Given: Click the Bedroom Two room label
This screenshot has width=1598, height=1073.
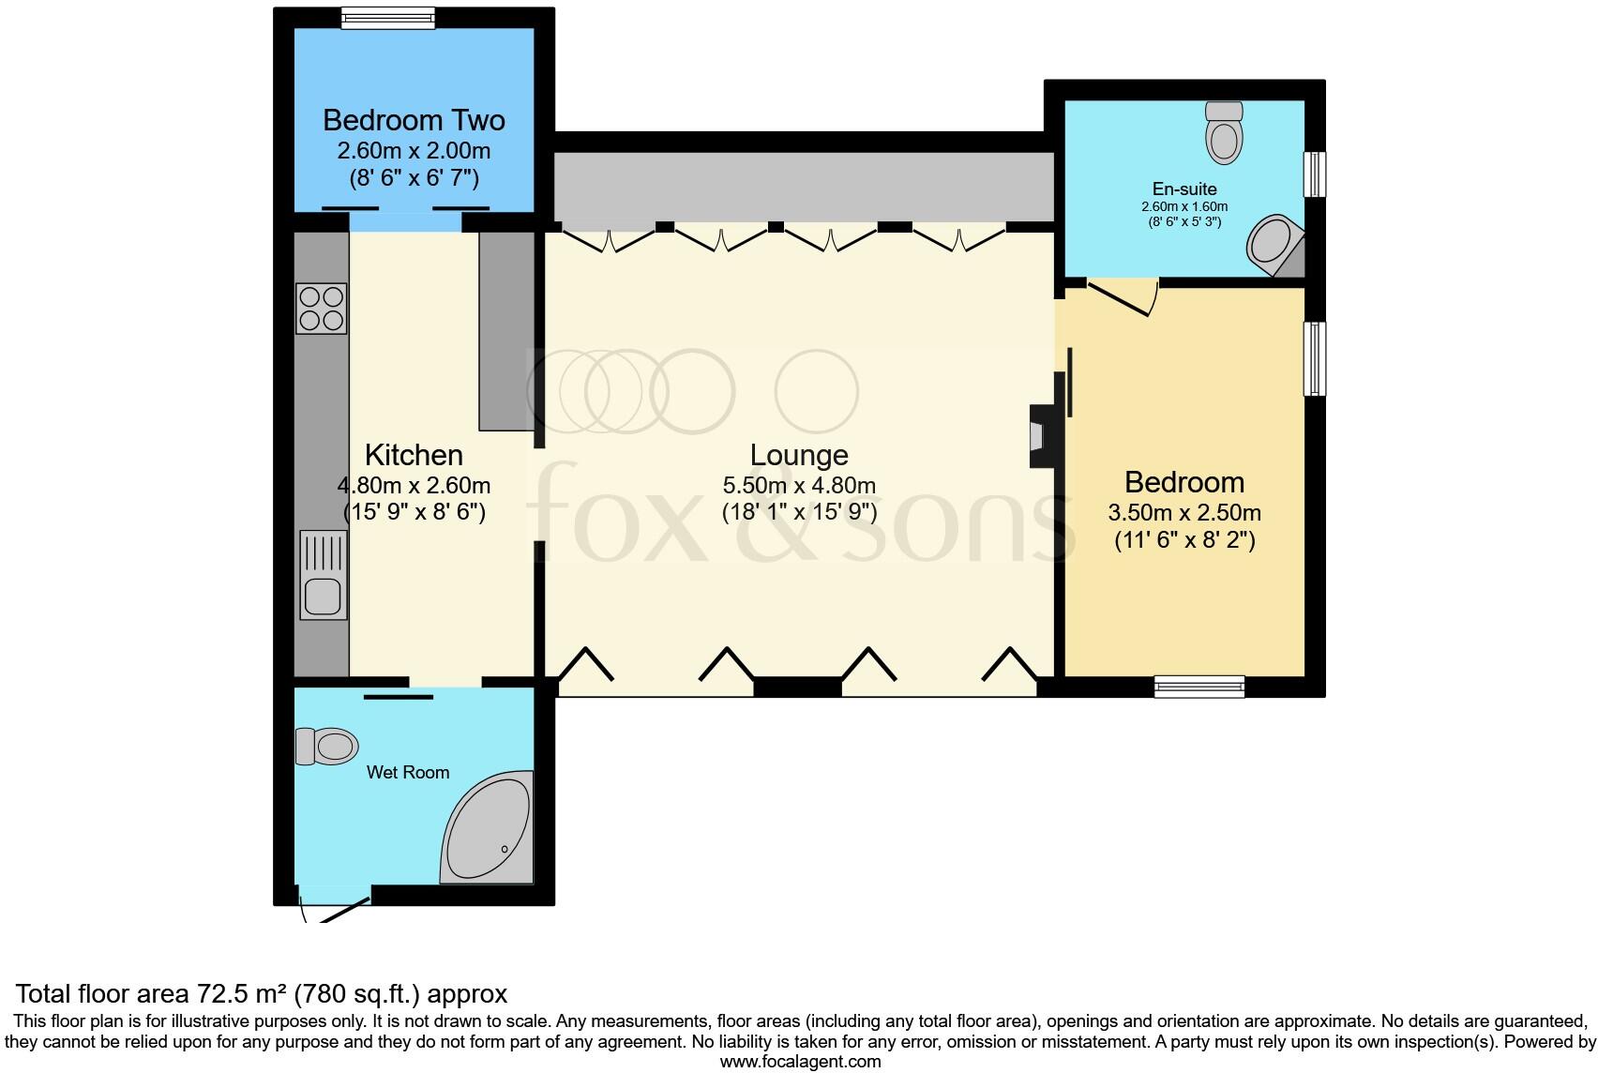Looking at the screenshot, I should click(414, 120).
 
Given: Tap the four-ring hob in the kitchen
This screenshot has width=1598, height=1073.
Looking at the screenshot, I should click(321, 309).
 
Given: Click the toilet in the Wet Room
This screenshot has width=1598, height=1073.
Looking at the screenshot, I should click(327, 747).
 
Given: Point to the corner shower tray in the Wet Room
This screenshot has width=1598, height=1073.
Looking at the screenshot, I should click(487, 831).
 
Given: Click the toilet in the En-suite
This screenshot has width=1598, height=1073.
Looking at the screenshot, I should click(1223, 132).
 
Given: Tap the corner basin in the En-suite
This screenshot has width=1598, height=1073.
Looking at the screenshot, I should click(1274, 244).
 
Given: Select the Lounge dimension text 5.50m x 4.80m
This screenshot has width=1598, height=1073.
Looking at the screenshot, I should click(799, 485).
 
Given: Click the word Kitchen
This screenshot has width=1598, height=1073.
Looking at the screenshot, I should click(414, 455).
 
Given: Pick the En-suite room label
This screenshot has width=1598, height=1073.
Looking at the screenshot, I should click(1184, 189).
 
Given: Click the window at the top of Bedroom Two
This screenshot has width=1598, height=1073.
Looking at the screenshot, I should click(388, 18).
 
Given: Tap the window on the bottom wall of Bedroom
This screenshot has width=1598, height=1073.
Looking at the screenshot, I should click(1199, 687).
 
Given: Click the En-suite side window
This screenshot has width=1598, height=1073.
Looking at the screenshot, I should click(1316, 174).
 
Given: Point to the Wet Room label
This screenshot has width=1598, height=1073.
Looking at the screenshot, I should click(408, 773).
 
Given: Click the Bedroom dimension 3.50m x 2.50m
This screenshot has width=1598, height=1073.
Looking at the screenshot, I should click(1184, 513).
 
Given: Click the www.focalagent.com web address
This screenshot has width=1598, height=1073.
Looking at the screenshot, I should click(800, 1062).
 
